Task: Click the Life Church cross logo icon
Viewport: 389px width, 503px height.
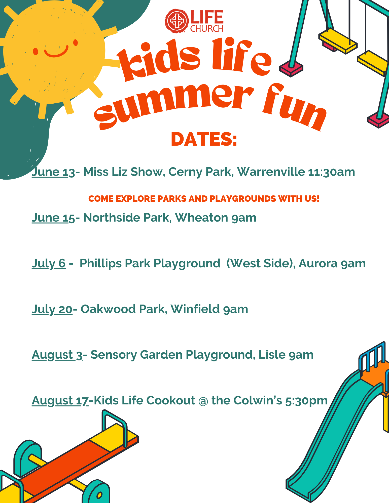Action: pyautogui.click(x=177, y=21)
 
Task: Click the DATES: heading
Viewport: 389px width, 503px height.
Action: pyautogui.click(x=204, y=139)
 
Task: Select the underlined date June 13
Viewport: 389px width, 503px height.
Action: pyautogui.click(x=53, y=172)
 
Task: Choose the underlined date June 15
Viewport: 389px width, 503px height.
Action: pyautogui.click(x=53, y=218)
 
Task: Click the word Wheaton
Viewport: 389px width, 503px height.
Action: pyautogui.click(x=201, y=218)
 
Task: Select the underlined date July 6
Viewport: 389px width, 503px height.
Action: pyautogui.click(x=49, y=264)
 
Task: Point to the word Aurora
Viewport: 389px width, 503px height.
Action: pyautogui.click(x=318, y=263)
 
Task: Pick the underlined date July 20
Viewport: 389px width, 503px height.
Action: pyautogui.click(x=52, y=309)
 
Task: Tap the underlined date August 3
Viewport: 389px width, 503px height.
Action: pyautogui.click(x=57, y=355)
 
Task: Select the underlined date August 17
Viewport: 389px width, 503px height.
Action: pyautogui.click(x=60, y=401)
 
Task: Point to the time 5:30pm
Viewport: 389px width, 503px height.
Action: pyautogui.click(x=306, y=401)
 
